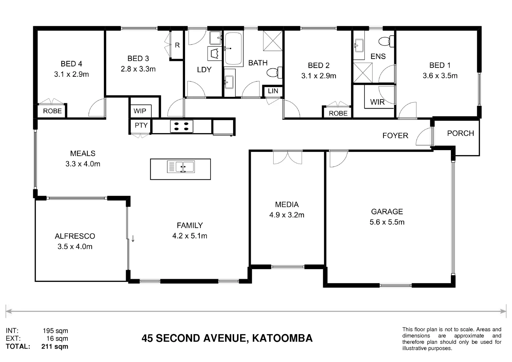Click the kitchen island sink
[181, 167]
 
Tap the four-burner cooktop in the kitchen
[181, 126]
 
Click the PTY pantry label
[141, 125]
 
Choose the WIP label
[140, 111]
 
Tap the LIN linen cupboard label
[273, 91]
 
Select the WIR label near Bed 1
[377, 102]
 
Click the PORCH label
[460, 133]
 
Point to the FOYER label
[395, 136]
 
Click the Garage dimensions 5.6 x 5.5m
[387, 222]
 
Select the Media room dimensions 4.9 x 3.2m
[287, 215]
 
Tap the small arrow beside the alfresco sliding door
[133, 239]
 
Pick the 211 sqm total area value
[55, 347]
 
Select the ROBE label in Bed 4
[52, 111]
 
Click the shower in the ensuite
[363, 72]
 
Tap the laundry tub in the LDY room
[215, 54]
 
